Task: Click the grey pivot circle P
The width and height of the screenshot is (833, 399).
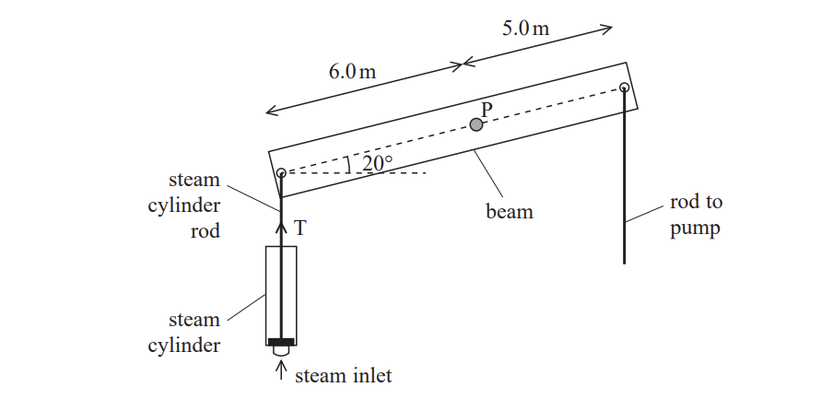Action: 476,124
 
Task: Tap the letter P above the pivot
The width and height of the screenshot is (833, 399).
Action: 487,109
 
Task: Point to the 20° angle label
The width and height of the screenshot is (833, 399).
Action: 377,163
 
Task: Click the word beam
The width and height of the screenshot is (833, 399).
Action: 509,212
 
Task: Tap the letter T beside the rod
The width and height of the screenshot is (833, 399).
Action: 299,228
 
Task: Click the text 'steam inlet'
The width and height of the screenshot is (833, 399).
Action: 343,375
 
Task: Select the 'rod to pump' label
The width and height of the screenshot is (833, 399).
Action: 694,217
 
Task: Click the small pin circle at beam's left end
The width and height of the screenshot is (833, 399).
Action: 281,172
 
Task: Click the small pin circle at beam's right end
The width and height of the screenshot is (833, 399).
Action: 624,88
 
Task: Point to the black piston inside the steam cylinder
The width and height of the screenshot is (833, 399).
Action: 281,341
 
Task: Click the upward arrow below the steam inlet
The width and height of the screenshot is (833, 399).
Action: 281,370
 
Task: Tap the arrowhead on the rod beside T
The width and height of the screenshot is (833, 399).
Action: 281,220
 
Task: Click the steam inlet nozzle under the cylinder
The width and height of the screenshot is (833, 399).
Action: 281,351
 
